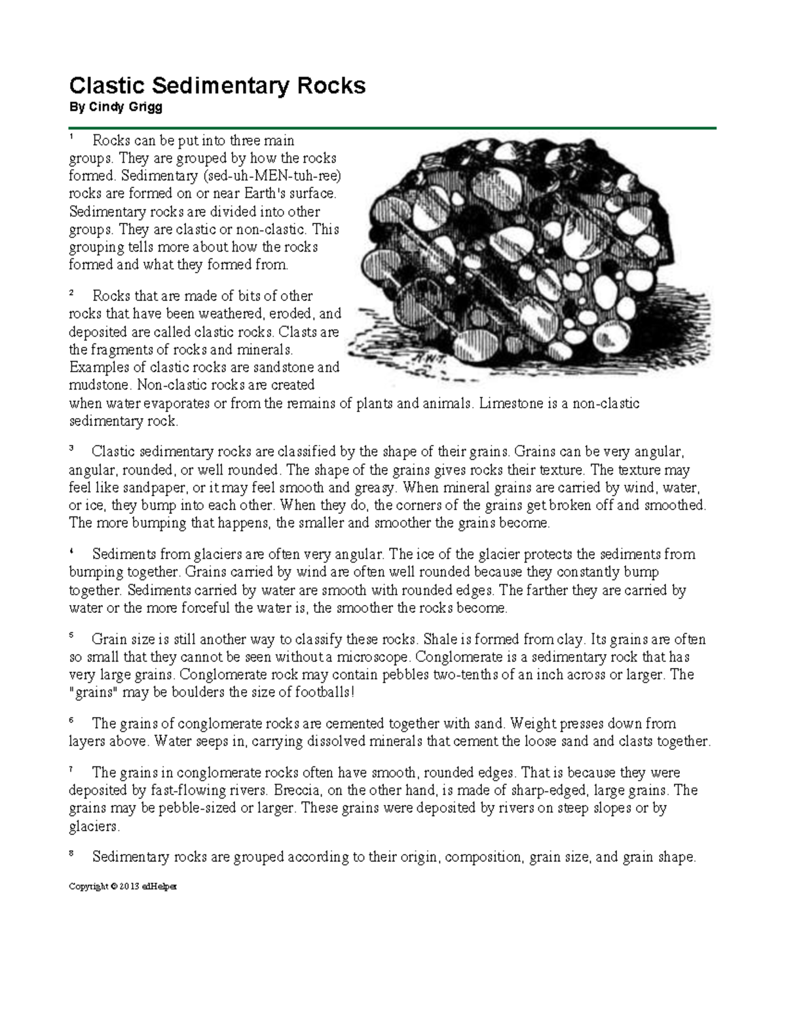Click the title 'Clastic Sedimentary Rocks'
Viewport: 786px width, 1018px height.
pyautogui.click(x=217, y=86)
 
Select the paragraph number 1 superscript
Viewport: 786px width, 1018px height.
pyautogui.click(x=72, y=137)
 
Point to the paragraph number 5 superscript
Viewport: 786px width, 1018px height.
pyautogui.click(x=72, y=635)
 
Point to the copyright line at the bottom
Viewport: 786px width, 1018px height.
pyautogui.click(x=123, y=886)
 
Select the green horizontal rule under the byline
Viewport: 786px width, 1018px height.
pyautogui.click(x=393, y=128)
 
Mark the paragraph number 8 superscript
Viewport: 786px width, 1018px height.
pyautogui.click(x=72, y=853)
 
